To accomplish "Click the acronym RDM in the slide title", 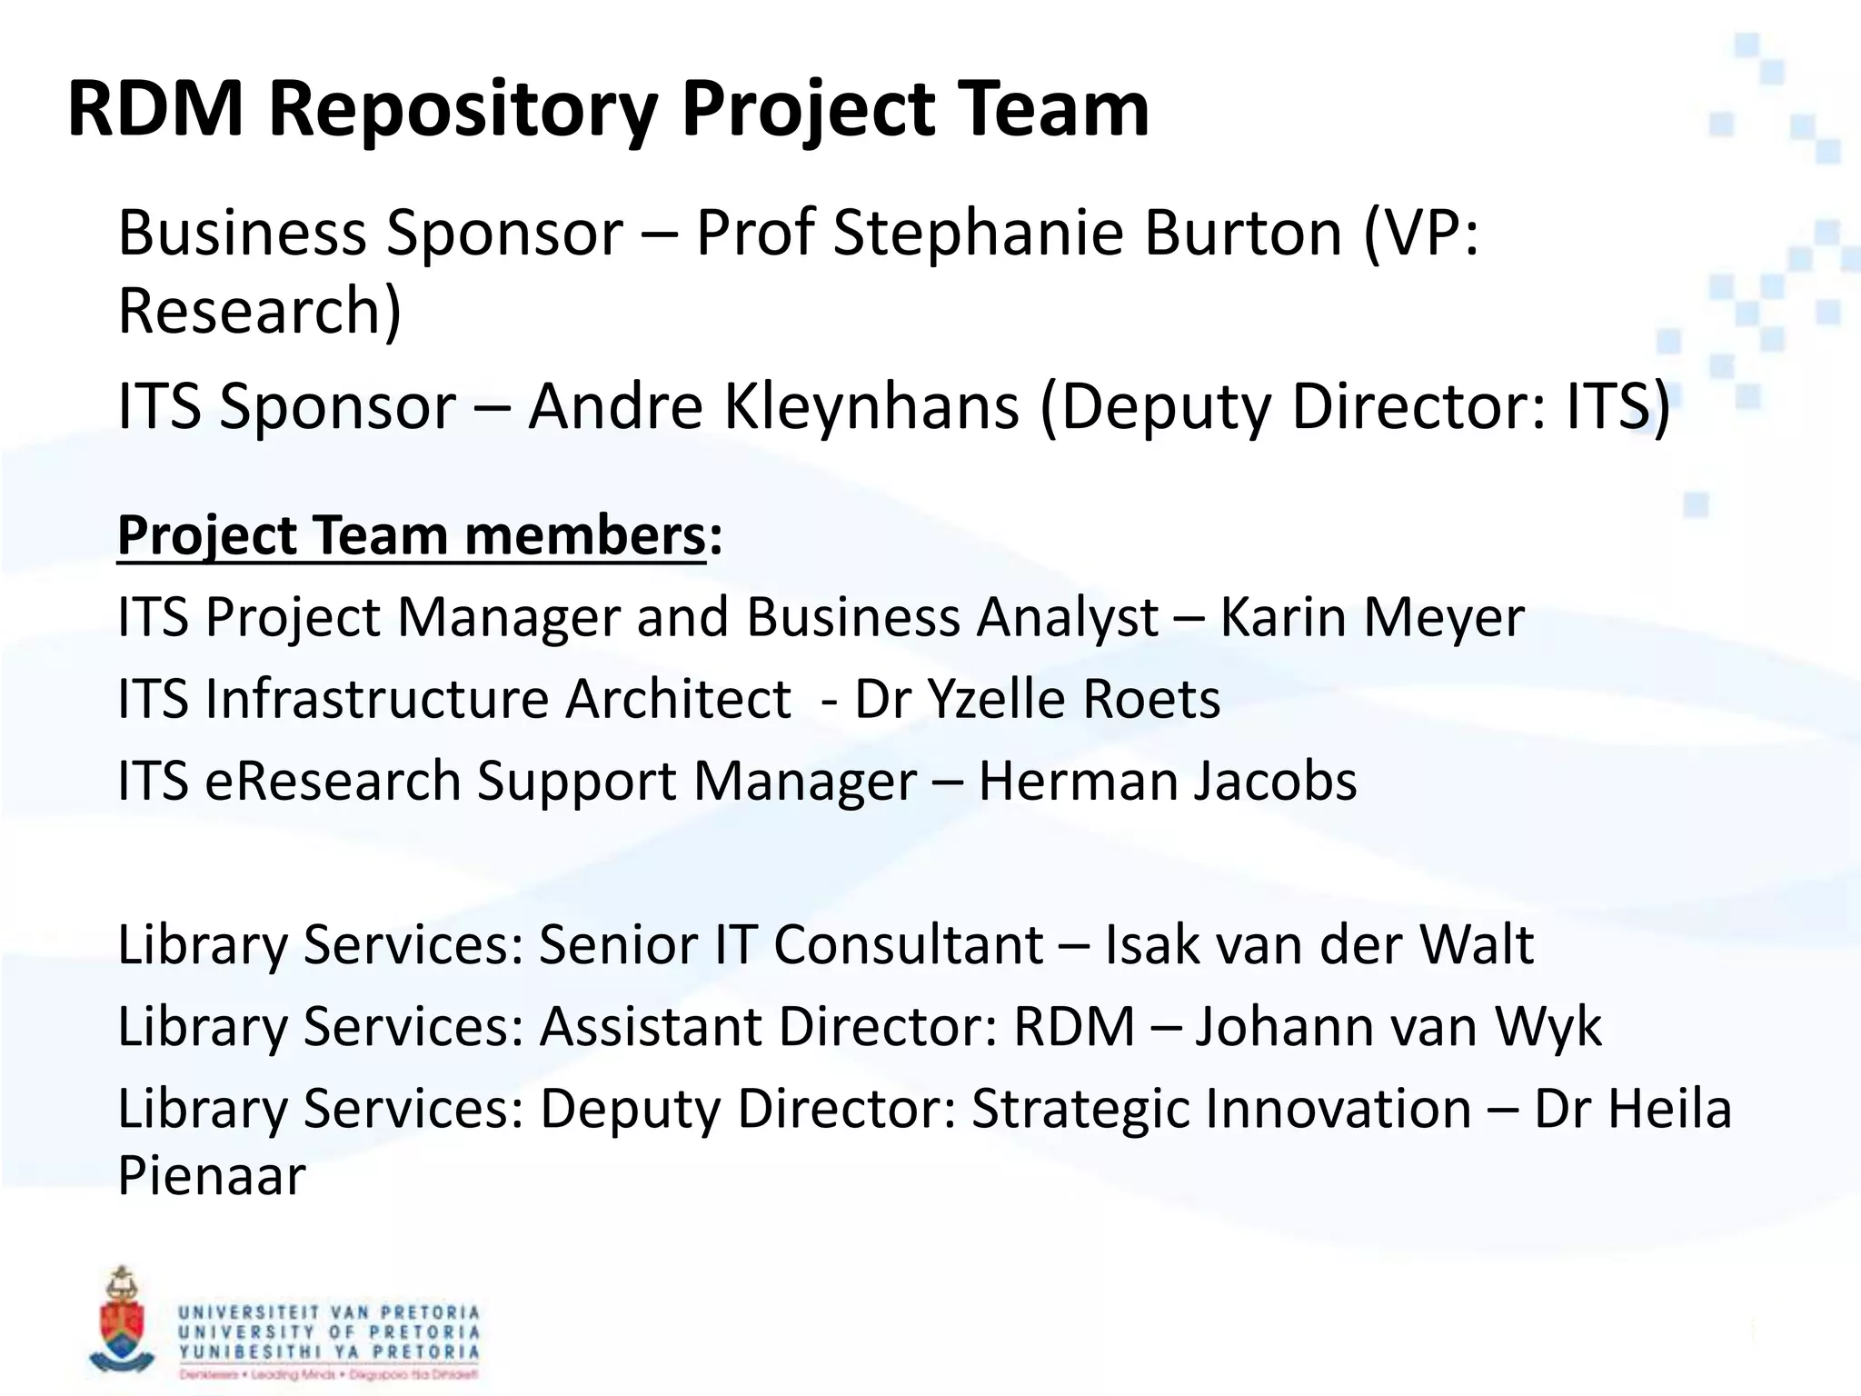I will click(155, 109).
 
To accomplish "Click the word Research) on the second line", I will click(260, 312).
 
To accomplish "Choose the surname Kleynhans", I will click(871, 406).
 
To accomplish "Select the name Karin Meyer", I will click(1371, 618).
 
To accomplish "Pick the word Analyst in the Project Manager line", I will click(1067, 618).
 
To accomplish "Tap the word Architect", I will click(677, 699).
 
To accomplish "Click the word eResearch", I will click(333, 781).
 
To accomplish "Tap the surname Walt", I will click(1477, 944).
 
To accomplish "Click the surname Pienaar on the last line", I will click(212, 1175).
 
